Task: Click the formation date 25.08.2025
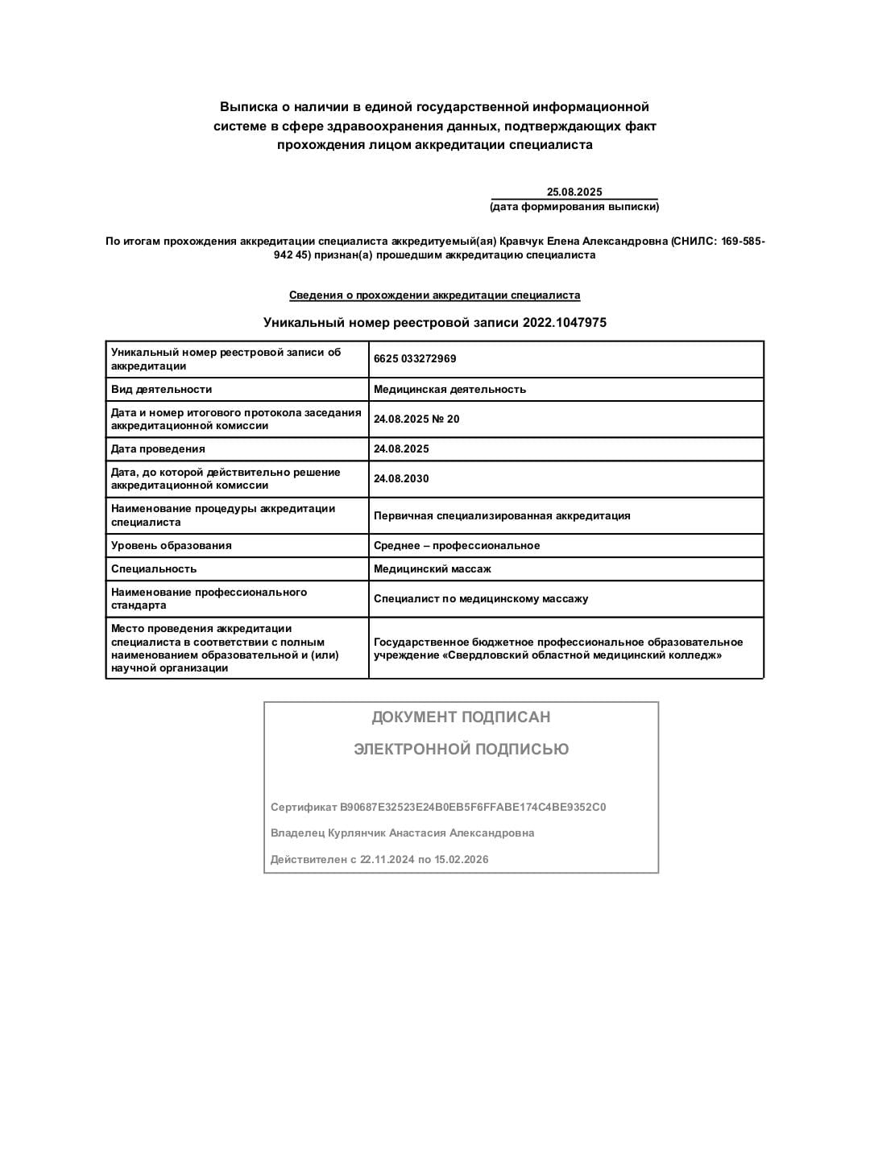[574, 192]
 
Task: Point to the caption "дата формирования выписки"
[574, 207]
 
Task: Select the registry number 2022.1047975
[564, 322]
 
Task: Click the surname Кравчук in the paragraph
[522, 242]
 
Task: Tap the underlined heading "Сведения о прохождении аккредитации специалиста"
[434, 295]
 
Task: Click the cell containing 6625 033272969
[415, 359]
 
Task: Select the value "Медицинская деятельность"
[449, 390]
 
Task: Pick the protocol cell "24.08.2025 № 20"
[416, 419]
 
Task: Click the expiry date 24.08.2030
[401, 479]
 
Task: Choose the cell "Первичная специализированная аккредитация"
[502, 516]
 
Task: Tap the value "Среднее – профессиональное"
[457, 546]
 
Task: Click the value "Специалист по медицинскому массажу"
[481, 599]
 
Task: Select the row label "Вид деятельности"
[161, 390]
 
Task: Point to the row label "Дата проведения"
[158, 449]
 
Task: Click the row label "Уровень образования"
[171, 546]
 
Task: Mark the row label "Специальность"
[154, 569]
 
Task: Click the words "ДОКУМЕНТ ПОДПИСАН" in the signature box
[461, 717]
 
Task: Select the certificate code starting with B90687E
[473, 807]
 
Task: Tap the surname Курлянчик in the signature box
[351, 833]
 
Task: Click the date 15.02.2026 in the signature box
[462, 860]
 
